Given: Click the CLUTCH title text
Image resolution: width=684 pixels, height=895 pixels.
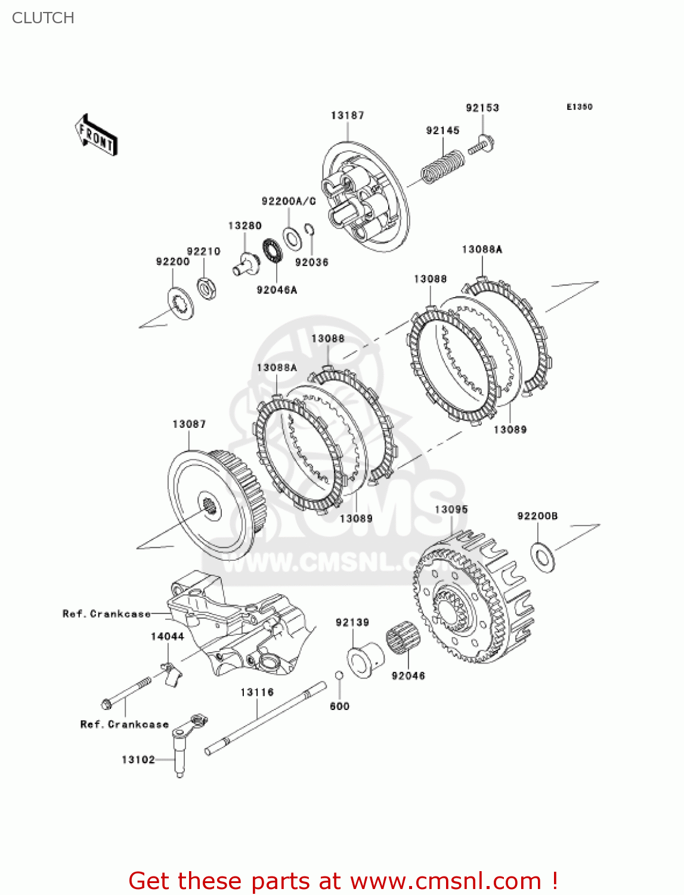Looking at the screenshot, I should (x=43, y=18).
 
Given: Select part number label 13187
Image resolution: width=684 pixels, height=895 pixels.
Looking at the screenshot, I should (x=347, y=115).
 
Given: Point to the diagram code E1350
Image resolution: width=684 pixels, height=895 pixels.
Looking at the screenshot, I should (x=579, y=107).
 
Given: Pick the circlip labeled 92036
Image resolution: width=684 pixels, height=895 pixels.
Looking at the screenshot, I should (x=309, y=231).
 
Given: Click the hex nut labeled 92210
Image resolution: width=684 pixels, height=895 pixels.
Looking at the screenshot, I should (x=206, y=289).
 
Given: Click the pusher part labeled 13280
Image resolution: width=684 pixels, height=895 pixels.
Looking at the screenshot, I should (x=245, y=264).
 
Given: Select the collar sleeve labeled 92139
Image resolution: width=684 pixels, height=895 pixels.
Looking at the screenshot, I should (x=365, y=659).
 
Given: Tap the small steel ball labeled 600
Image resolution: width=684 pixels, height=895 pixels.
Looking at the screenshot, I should (x=339, y=675).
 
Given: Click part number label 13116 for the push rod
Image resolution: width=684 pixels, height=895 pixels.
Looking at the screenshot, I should (x=257, y=692).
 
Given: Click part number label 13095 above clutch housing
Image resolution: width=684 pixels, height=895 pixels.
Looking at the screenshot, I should (x=451, y=509).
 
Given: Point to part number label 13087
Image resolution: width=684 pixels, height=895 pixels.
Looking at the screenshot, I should (x=189, y=424).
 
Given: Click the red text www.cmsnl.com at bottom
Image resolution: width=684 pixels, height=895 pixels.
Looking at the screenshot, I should (x=445, y=881).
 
